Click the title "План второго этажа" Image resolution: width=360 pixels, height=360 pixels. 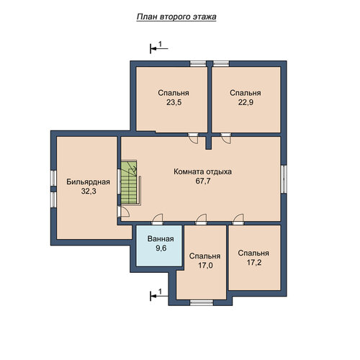(x=176, y=17)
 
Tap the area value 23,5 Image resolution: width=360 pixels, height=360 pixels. (x=174, y=102)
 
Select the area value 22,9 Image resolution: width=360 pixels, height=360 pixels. (x=246, y=102)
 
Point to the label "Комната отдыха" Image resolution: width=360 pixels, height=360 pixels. (x=202, y=172)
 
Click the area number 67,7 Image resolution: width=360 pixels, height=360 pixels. (x=203, y=181)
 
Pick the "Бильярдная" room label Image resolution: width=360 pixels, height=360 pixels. (x=88, y=182)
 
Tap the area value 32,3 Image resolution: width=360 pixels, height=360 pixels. (x=89, y=192)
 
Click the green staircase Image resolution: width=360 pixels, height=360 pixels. (x=129, y=183)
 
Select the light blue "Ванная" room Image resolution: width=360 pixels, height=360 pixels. (x=159, y=246)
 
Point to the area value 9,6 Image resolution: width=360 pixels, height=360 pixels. (x=161, y=248)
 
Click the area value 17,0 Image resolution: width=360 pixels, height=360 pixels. (x=205, y=266)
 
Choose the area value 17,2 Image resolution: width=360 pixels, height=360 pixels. (x=254, y=263)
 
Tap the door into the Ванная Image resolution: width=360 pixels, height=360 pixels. (x=158, y=219)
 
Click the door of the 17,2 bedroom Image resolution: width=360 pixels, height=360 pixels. (x=238, y=219)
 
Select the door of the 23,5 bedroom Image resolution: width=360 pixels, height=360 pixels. (x=193, y=138)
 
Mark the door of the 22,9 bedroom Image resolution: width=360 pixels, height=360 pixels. (x=226, y=138)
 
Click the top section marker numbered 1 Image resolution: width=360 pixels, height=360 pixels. (x=158, y=48)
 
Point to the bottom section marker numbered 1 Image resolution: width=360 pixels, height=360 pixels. (x=158, y=295)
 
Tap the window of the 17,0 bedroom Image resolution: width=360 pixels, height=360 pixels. (x=202, y=302)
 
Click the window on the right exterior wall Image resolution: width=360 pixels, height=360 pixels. (x=284, y=179)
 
